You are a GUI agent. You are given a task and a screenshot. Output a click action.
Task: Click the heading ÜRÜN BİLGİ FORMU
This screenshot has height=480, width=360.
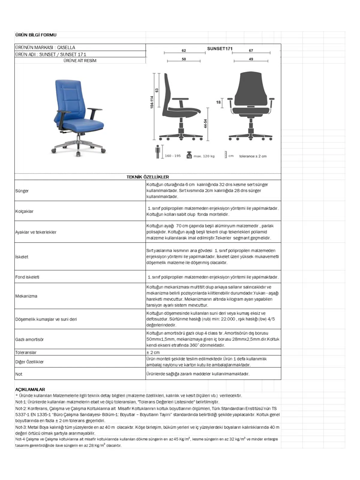pos(36,35)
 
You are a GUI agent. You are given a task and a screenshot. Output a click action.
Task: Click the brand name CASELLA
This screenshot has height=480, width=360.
pos(66,47)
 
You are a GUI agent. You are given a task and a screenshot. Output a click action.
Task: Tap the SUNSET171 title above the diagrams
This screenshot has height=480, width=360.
pos(220,49)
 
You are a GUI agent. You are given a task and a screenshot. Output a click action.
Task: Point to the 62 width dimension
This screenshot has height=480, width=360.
pos(184,51)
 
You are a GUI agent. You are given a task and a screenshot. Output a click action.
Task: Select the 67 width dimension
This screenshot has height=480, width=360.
pos(251,51)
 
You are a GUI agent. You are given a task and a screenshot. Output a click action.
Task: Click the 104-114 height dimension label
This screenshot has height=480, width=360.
pos(152,102)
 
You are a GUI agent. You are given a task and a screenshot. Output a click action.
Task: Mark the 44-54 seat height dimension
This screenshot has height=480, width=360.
pos(205,124)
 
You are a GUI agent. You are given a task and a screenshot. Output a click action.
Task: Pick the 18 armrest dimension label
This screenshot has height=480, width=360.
pos(218,102)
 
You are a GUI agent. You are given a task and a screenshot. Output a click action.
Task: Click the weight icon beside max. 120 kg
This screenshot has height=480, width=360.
pos(189,155)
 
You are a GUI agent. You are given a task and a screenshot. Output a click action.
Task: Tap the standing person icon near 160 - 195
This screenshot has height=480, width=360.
pos(158,152)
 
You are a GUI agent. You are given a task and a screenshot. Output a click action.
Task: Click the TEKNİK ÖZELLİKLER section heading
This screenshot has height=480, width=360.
pos(148,177)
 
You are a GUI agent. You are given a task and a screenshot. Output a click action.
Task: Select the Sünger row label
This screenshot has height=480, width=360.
pos(22,191)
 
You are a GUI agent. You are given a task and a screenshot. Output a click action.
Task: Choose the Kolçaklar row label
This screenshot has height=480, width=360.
pos(24,211)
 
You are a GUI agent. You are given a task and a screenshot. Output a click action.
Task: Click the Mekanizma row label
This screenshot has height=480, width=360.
pos(26,296)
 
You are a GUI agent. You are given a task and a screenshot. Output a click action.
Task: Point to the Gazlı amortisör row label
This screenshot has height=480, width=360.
pos(29,339)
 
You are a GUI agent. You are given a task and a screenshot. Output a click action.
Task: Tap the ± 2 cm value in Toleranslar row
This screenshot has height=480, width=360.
pos(153,352)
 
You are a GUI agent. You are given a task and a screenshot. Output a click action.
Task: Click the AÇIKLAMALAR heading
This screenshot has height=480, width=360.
pos(30,389)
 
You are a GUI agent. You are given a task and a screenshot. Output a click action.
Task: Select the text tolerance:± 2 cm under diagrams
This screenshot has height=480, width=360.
pos(253,156)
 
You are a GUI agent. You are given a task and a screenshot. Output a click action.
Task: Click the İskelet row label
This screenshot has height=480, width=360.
pos(22,257)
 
